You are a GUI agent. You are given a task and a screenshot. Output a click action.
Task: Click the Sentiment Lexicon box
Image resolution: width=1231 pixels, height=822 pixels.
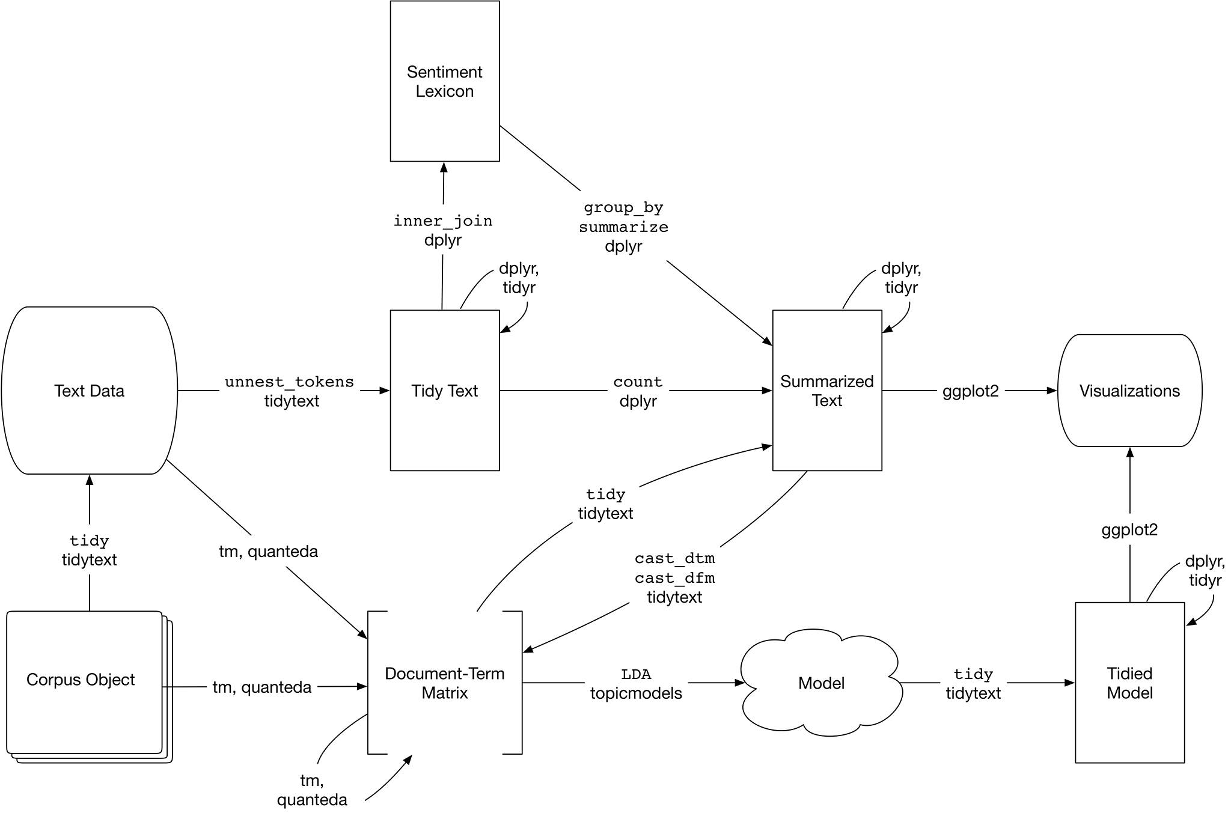pyautogui.click(x=444, y=81)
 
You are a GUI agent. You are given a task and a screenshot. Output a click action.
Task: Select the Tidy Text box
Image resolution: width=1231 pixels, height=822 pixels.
pyautogui.click(x=444, y=391)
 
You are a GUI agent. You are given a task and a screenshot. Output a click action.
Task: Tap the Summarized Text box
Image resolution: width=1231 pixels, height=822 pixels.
pyautogui.click(x=826, y=391)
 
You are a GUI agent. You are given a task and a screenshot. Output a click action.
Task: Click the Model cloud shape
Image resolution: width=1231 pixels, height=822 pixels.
pyautogui.click(x=821, y=683)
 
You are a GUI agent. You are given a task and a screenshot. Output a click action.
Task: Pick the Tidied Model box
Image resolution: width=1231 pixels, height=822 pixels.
pyautogui.click(x=1129, y=683)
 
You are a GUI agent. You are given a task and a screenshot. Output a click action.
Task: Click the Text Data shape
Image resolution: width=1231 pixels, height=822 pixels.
pyautogui.click(x=89, y=391)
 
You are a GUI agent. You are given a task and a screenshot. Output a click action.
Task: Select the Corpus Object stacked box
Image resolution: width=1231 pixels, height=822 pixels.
pyautogui.click(x=81, y=680)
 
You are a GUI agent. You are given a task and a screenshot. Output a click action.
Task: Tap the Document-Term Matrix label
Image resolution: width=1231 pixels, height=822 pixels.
pyautogui.click(x=444, y=683)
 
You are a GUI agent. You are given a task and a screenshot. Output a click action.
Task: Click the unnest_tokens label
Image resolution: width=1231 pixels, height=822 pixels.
pyautogui.click(x=289, y=382)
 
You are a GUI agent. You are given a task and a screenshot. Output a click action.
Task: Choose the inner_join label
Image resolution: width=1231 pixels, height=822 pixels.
pyautogui.click(x=443, y=221)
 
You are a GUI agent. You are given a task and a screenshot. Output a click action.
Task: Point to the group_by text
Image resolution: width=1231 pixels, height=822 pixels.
pyautogui.click(x=623, y=208)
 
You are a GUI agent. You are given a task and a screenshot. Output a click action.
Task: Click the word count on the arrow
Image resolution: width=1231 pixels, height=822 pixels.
pyautogui.click(x=638, y=382)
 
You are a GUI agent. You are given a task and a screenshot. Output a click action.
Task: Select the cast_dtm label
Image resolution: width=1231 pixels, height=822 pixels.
pyautogui.click(x=674, y=559)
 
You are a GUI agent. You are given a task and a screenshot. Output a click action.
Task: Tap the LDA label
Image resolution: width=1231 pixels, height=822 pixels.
pyautogui.click(x=636, y=674)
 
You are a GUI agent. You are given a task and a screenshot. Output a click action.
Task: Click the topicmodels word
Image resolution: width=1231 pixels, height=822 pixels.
pyautogui.click(x=636, y=693)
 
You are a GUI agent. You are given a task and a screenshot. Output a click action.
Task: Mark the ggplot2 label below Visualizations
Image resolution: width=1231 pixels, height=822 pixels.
pyautogui.click(x=1129, y=530)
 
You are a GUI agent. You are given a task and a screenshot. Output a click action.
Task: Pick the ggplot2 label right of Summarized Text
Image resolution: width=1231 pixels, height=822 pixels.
pyautogui.click(x=970, y=391)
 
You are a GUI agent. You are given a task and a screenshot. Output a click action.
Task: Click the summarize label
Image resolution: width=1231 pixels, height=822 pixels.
pyautogui.click(x=623, y=227)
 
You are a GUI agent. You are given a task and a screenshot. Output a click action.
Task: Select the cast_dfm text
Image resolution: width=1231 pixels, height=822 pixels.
pyautogui.click(x=674, y=578)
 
